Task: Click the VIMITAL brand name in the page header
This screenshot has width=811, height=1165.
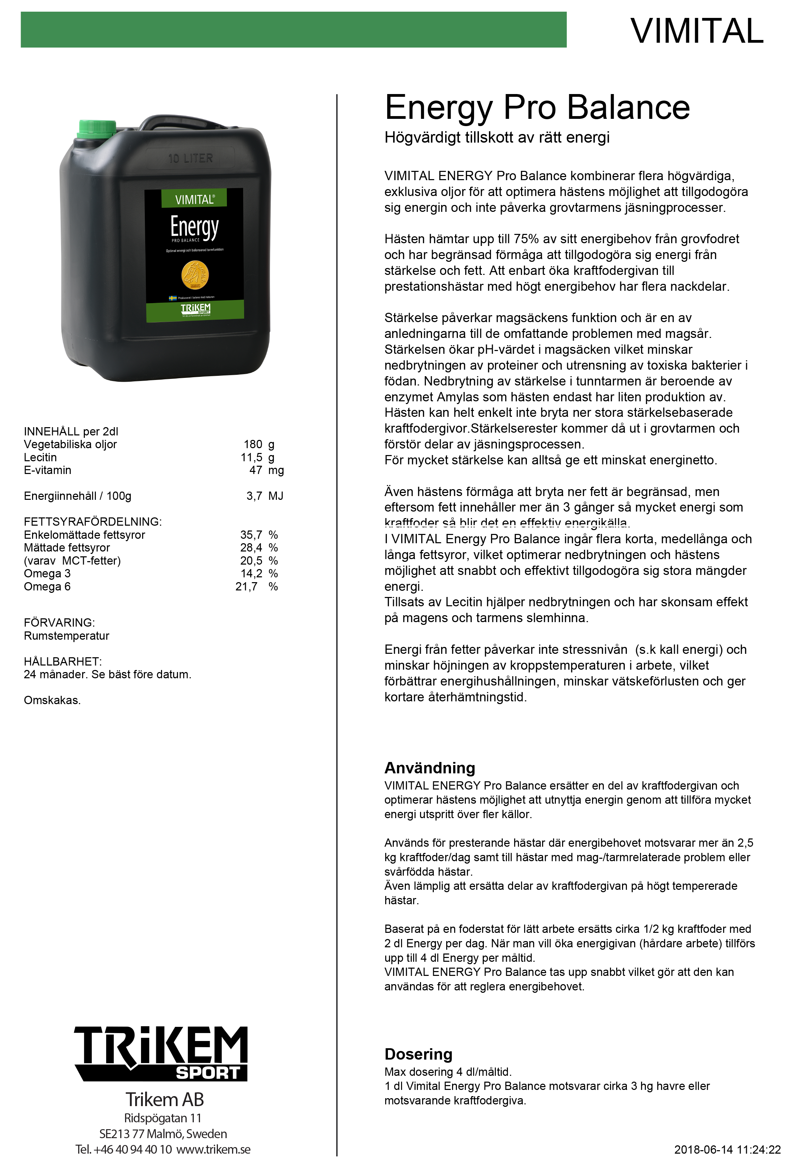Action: click(x=697, y=31)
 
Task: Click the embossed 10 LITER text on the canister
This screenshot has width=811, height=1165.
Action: click(x=190, y=158)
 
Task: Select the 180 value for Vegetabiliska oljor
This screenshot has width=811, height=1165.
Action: click(x=252, y=444)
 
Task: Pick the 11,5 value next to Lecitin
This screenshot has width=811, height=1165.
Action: click(x=251, y=457)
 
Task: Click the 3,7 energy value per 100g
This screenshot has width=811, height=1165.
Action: click(x=254, y=496)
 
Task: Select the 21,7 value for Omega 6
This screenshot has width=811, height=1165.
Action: click(x=246, y=587)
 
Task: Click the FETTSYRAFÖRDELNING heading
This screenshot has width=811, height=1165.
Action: click(x=92, y=522)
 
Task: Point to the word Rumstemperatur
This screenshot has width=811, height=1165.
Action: click(x=67, y=636)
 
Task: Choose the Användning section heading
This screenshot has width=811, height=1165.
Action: click(x=430, y=768)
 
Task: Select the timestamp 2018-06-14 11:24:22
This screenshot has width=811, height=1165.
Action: click(x=727, y=1150)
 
